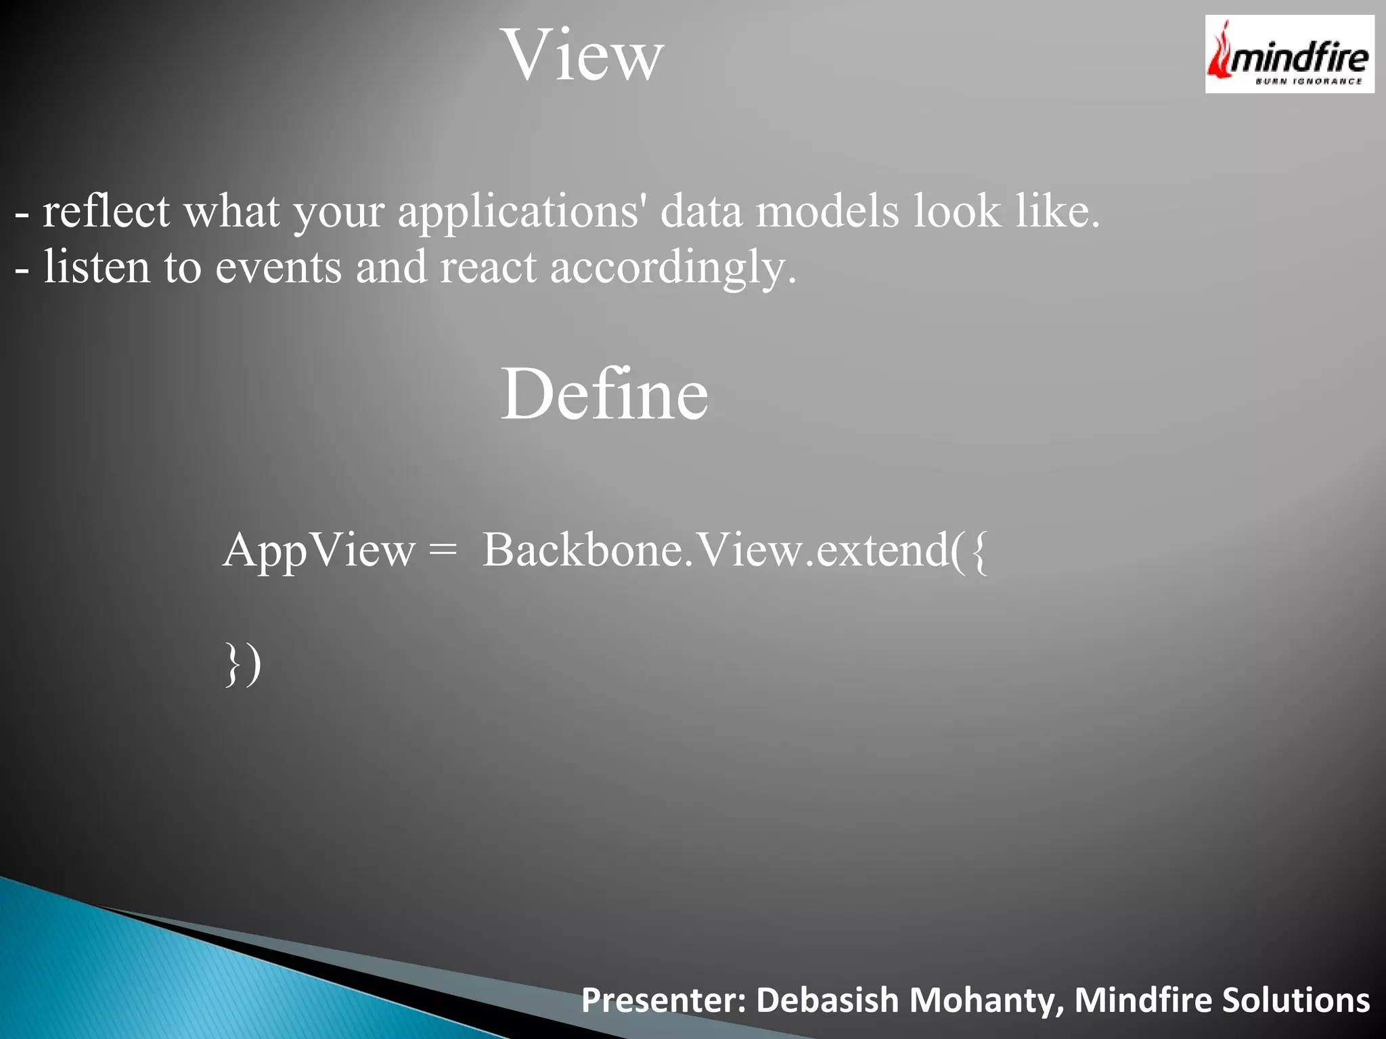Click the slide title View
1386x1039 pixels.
[582, 55]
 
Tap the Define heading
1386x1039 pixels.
[604, 394]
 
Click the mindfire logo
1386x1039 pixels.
[1289, 54]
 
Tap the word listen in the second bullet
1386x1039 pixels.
[96, 267]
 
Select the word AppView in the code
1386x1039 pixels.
[319, 551]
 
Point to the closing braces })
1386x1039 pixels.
[242, 664]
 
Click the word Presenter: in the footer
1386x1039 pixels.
[663, 1000]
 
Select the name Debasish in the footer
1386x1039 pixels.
[826, 1000]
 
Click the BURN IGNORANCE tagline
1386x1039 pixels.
[1308, 82]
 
